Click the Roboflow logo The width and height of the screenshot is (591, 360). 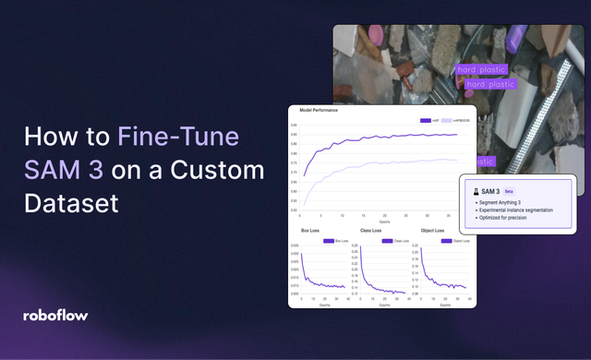point(55,315)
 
